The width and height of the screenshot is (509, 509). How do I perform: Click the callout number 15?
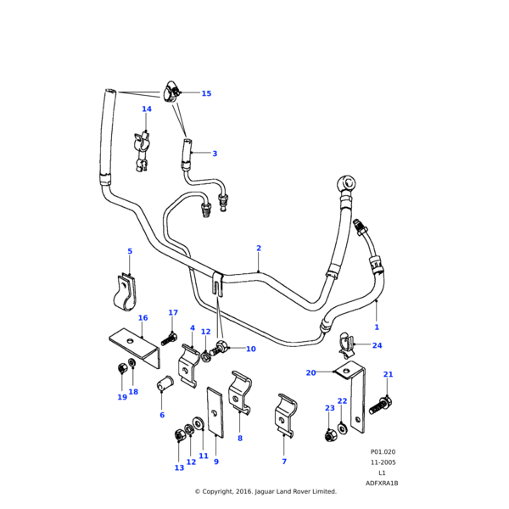point(206,93)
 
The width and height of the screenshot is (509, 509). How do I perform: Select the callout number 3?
point(215,154)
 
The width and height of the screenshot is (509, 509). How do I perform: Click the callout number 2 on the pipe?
point(259,249)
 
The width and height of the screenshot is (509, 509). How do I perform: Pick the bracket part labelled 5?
point(125,291)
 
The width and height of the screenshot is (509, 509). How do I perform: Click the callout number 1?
point(377,327)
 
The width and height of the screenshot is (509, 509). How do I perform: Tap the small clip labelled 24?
point(348,344)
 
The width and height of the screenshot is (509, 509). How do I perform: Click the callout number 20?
point(310,372)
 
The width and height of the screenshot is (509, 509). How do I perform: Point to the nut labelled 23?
point(329,436)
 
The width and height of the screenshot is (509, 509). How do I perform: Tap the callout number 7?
point(284,461)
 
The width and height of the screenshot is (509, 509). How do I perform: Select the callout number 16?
point(143,318)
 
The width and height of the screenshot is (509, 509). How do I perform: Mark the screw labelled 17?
point(166,338)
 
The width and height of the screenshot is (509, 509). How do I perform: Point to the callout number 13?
point(179,468)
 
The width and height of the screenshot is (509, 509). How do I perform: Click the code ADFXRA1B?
point(382,483)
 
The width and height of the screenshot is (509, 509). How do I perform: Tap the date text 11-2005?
point(382,463)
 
